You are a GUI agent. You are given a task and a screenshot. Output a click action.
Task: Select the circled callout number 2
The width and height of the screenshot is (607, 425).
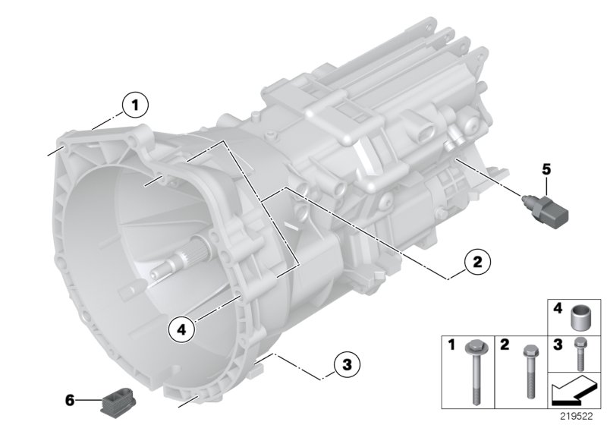476,263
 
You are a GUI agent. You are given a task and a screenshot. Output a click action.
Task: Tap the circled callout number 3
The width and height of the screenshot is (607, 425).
344,367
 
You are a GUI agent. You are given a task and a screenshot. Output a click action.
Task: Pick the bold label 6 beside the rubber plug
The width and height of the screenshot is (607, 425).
71,398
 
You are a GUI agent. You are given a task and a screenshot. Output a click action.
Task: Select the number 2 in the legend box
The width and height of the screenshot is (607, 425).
504,345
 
